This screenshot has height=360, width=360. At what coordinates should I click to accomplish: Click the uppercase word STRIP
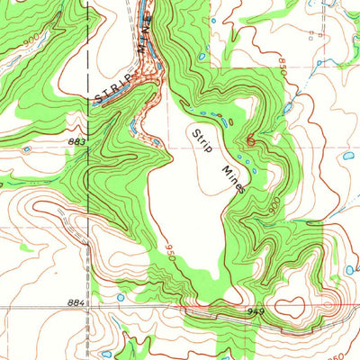(112, 90)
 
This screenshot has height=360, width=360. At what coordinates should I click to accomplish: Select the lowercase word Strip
(200, 142)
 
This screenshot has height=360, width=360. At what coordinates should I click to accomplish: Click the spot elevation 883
(75, 140)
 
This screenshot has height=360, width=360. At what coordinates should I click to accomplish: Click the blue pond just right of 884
(118, 298)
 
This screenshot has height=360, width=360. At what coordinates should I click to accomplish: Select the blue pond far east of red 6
(347, 156)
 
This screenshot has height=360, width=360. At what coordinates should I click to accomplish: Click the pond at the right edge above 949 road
(349, 269)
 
